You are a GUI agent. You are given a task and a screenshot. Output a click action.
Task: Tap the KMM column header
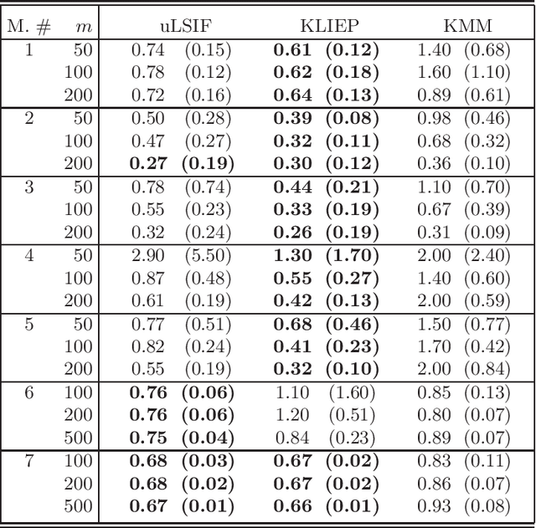[463, 27]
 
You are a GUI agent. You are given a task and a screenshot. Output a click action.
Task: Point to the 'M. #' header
[30, 27]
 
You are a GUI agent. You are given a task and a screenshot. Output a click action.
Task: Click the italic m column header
[83, 28]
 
